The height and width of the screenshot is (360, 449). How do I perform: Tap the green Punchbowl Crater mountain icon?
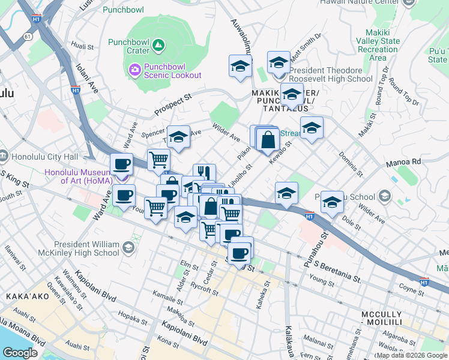click(x=158, y=44)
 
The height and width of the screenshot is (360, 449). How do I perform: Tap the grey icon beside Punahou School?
click(x=384, y=196)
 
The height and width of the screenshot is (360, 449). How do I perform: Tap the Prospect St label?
click(x=172, y=104)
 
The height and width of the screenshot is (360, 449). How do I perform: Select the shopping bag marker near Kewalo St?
click(x=267, y=140)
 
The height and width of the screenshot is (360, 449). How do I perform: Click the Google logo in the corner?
click(x=20, y=353)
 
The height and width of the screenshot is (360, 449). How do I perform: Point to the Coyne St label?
click(x=411, y=291)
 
